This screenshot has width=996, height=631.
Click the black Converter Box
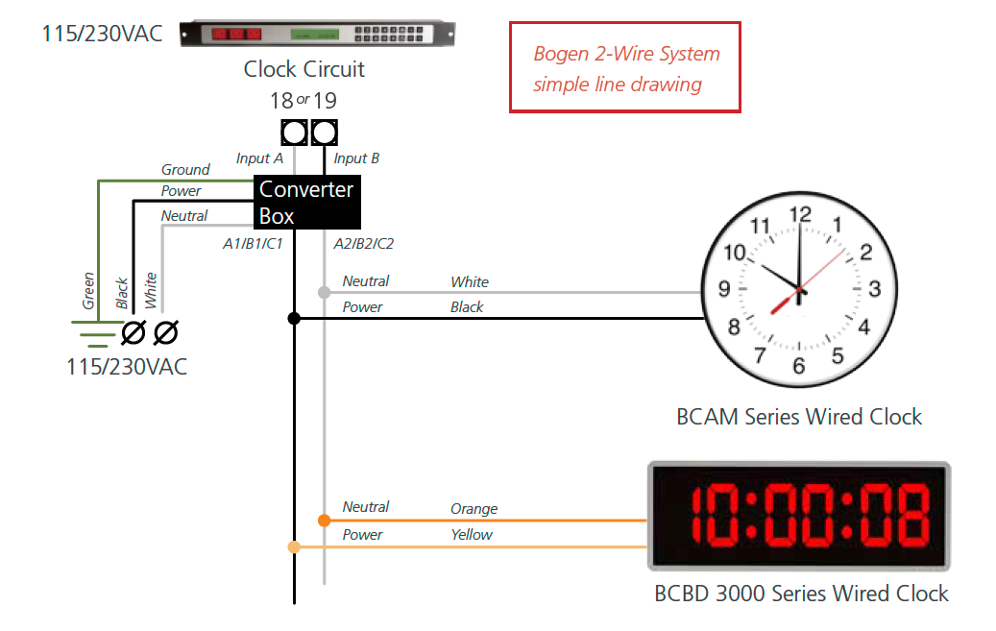tap(306, 202)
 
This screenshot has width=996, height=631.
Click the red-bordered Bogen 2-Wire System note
tap(625, 68)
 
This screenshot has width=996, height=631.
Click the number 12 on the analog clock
tap(799, 215)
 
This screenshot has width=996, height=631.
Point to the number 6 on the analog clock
tap(799, 365)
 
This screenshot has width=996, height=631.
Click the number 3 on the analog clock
tap(874, 288)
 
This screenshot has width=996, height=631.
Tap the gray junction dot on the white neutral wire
tap(325, 292)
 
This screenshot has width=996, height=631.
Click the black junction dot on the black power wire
tap(294, 318)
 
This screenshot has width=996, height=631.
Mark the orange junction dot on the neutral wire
tap(325, 521)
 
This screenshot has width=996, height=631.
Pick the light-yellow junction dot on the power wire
tap(294, 546)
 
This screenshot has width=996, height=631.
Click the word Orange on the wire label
tap(474, 509)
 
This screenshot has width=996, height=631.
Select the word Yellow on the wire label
tap(472, 534)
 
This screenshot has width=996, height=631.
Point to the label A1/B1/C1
tap(253, 244)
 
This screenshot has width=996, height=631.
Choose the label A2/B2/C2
tap(364, 244)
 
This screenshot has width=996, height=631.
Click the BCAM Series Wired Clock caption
tap(799, 417)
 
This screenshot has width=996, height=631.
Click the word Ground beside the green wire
tap(185, 170)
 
